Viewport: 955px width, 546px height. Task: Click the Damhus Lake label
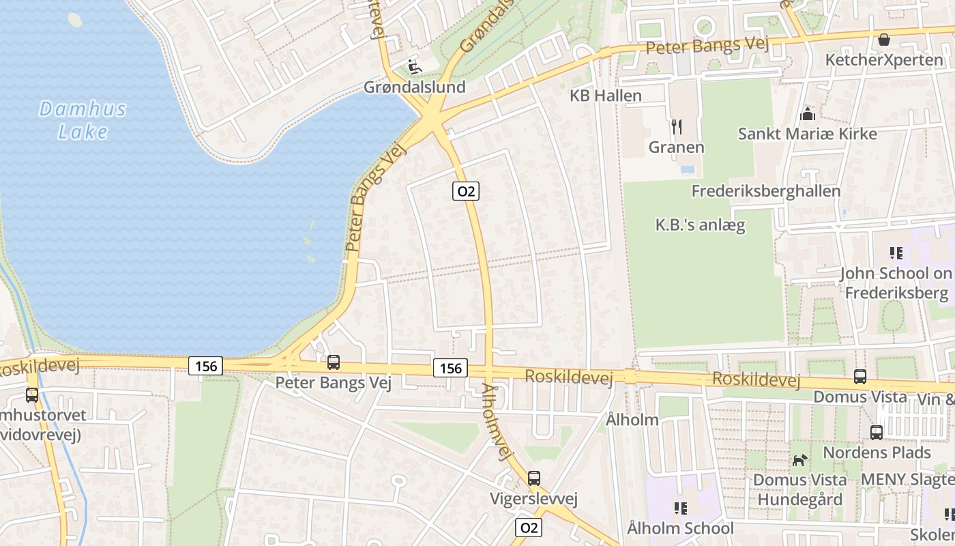click(83, 119)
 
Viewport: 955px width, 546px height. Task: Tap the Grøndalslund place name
click(414, 87)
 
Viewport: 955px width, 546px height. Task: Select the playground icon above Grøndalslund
click(414, 66)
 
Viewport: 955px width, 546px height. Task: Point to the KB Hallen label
click(606, 96)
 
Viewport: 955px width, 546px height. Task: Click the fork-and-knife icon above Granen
click(676, 126)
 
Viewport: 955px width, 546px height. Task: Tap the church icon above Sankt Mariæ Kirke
click(808, 113)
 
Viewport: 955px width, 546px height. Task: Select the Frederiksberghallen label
click(765, 191)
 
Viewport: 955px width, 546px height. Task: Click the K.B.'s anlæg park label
click(700, 225)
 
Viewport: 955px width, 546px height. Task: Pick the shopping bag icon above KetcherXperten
click(884, 40)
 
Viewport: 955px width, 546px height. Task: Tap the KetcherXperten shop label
click(884, 60)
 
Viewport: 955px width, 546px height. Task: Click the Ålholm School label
click(680, 528)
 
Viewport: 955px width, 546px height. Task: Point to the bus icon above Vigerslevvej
click(534, 478)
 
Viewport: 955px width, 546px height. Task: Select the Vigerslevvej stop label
click(534, 499)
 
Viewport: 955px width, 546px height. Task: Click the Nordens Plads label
click(877, 452)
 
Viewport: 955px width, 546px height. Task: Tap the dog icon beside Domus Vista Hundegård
click(799, 461)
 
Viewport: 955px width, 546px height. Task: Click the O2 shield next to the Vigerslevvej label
click(529, 528)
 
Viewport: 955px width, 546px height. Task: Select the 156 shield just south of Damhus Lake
click(205, 367)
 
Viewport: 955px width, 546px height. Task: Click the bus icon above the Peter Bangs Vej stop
click(334, 362)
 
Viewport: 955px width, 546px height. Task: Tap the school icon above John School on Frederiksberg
click(896, 253)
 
